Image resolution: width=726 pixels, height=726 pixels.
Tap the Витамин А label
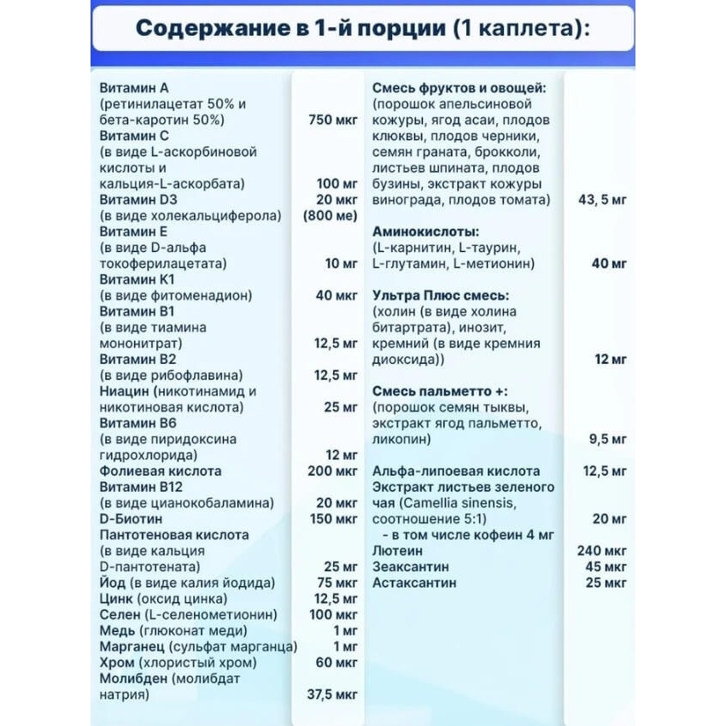(x=134, y=87)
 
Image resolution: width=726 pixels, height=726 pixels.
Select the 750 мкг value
(x=332, y=120)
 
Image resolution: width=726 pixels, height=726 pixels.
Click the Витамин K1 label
(x=137, y=279)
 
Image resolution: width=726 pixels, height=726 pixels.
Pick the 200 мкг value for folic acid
(x=332, y=471)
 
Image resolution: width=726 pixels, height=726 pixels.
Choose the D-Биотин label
(x=132, y=518)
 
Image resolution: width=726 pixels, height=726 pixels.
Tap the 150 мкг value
(x=332, y=518)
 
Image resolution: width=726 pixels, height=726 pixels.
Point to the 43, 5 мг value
(x=602, y=199)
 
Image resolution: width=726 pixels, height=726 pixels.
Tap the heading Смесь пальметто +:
(x=440, y=390)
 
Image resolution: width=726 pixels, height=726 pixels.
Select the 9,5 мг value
(x=607, y=439)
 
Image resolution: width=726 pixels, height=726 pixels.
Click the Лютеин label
(x=398, y=551)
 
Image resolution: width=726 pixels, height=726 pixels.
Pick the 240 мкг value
(x=602, y=551)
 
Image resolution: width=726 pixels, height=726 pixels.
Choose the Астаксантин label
(x=414, y=583)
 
